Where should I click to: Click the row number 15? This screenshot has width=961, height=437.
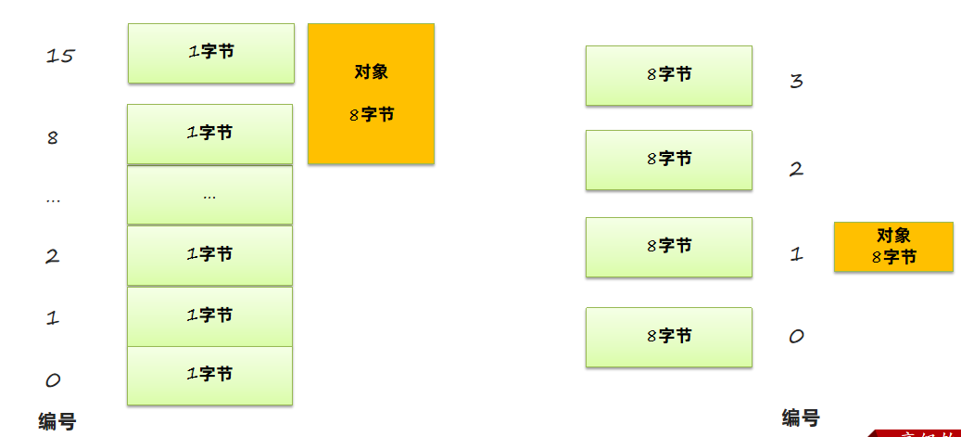pos(60,56)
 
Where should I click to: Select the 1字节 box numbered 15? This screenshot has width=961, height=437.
pos(211,53)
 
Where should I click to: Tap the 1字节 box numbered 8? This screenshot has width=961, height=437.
pos(210,134)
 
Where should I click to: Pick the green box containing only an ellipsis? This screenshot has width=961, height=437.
pos(210,195)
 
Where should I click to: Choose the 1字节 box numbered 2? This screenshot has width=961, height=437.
pos(210,255)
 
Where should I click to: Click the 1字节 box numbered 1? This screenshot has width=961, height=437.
pos(210,316)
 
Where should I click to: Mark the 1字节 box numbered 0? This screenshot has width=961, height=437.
pos(210,375)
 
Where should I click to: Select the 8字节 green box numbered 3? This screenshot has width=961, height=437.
pos(669,75)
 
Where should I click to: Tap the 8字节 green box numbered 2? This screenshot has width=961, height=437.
pos(669,160)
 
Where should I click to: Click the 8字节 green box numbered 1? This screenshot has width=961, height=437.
pos(669,247)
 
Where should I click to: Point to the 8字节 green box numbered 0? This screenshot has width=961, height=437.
pos(669,337)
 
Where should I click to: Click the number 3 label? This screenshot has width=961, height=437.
pos(796,81)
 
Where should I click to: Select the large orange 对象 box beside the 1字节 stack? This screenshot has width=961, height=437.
pos(371,94)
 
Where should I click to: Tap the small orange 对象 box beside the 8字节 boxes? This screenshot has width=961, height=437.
pos(893,247)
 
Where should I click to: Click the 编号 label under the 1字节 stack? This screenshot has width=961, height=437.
pos(57,421)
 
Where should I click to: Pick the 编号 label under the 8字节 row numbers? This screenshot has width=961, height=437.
pos(800,418)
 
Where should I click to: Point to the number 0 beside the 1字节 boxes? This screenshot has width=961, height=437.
pos(53,379)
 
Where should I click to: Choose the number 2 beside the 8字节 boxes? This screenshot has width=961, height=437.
pos(796,169)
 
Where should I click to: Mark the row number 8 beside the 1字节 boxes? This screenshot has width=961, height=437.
pos(53,138)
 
